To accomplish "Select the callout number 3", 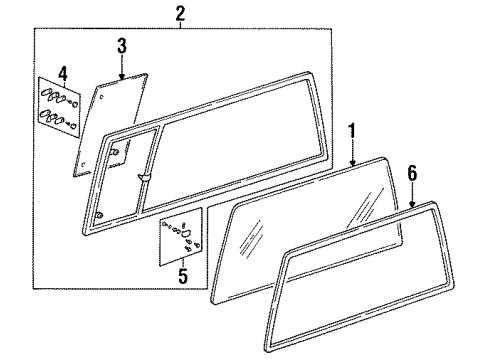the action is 122,46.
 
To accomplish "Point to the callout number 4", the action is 63,73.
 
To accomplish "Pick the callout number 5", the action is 183,275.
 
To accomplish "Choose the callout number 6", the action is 412,173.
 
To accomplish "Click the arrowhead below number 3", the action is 122,76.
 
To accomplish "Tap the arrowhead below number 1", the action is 353,162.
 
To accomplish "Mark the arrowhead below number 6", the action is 413,203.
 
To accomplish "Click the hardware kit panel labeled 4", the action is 59,107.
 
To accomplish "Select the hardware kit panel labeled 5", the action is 181,237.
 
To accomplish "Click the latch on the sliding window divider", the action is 145,177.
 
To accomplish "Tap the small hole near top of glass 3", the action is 102,97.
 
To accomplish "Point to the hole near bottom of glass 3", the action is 84,164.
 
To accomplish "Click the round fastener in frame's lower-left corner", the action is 99,215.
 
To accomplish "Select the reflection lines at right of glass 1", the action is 366,206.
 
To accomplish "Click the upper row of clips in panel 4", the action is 60,97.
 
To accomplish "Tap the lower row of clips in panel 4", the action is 58,120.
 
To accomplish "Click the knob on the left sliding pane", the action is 114,152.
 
